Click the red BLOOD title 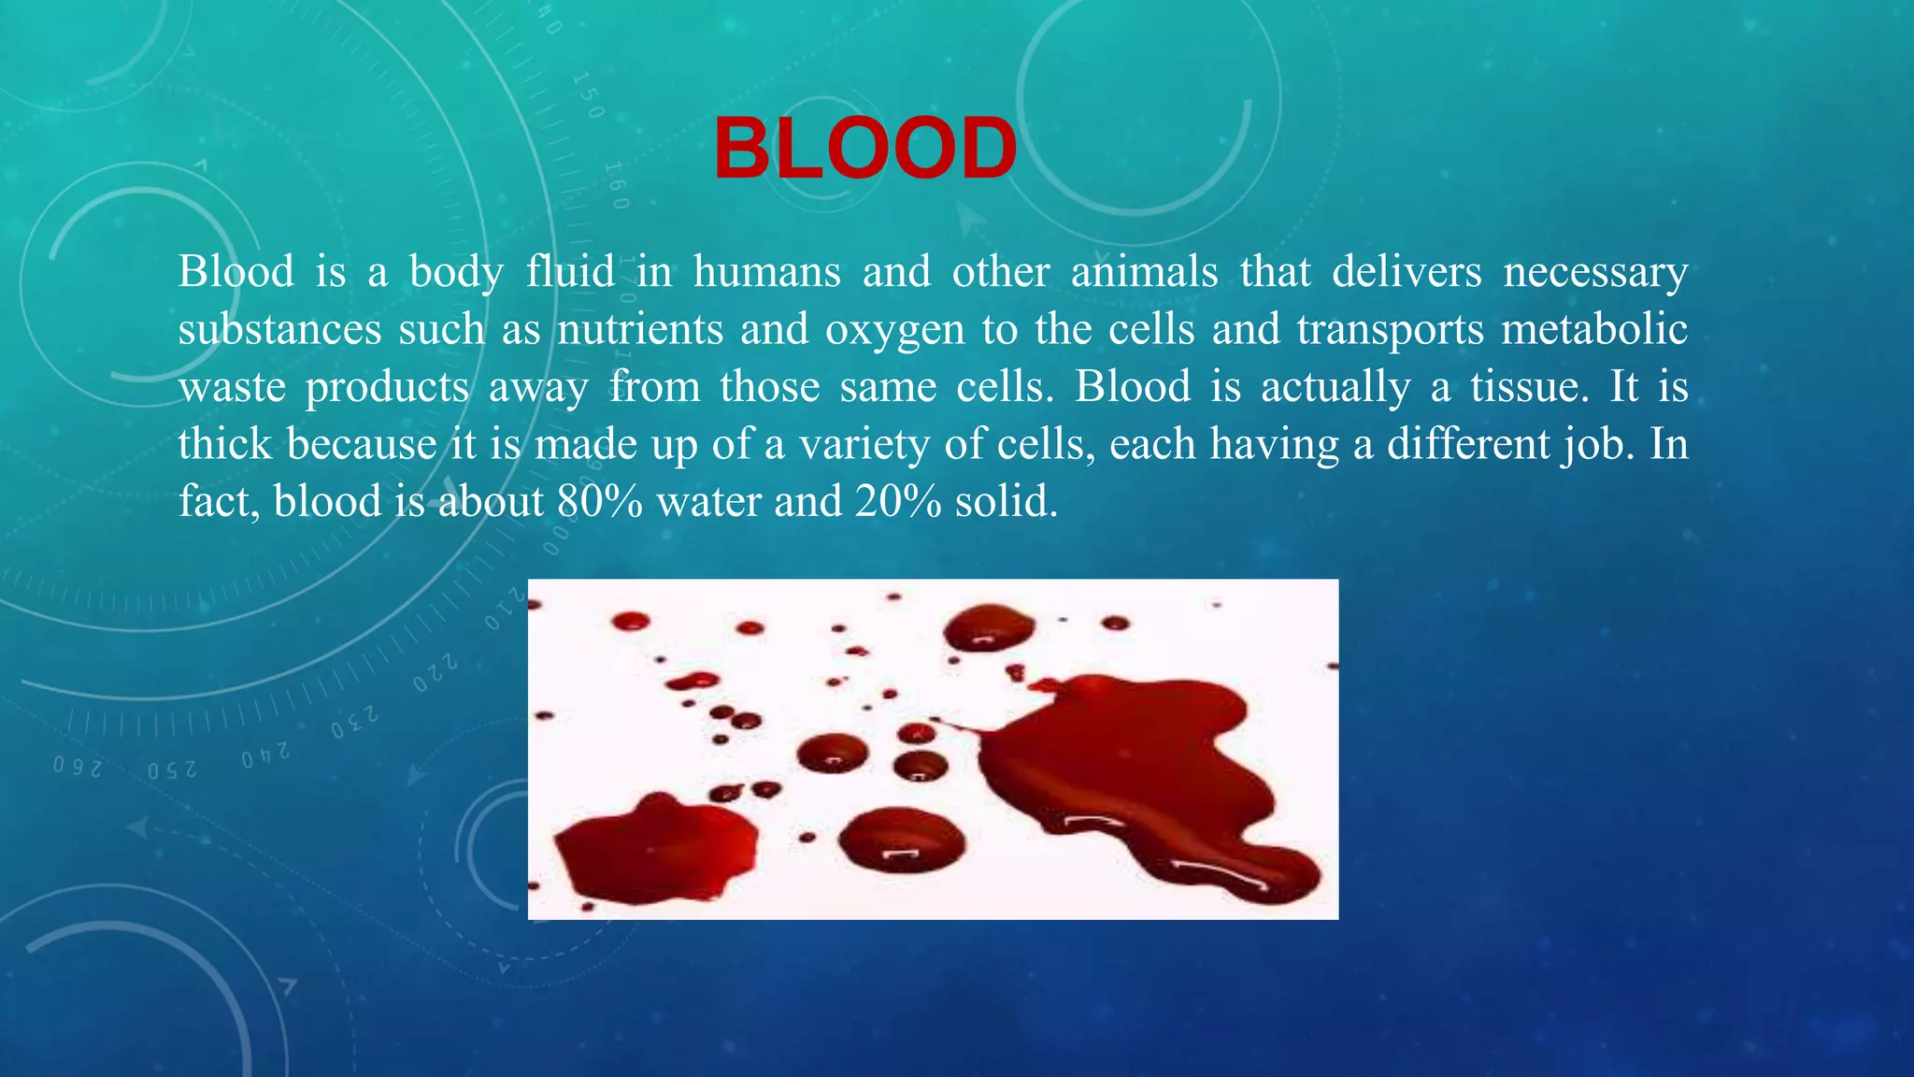(864, 150)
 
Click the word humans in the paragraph (766, 272)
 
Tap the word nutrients (640, 330)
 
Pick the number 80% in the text (599, 502)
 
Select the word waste (232, 387)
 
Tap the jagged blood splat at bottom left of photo (654, 846)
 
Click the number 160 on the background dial (617, 185)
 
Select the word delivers (1406, 272)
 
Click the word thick (224, 445)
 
